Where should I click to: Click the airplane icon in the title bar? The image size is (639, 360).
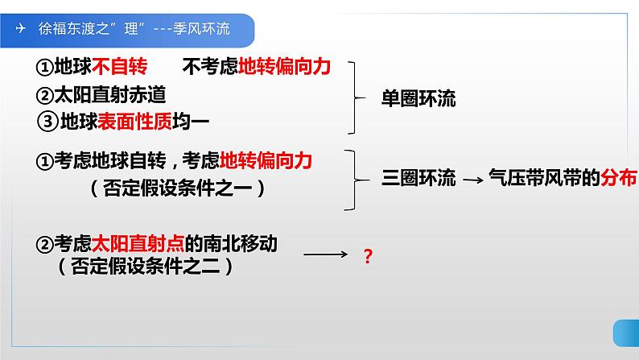point(20,28)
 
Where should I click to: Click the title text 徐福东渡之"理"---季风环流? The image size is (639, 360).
point(134,29)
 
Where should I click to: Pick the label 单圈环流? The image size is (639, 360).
point(418,100)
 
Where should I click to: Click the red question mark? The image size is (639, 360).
point(368,258)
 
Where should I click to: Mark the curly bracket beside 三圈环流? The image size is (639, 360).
point(355,179)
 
